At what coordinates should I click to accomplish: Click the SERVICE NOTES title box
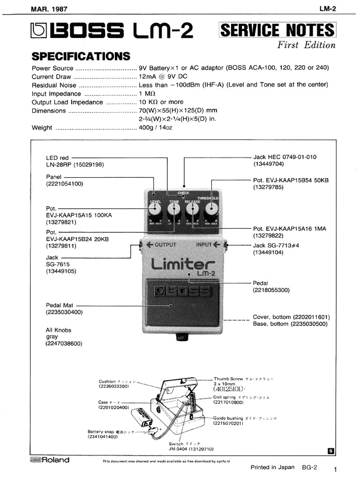point(277,31)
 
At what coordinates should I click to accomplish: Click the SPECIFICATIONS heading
point(81,57)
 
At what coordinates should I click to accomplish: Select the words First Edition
point(307,45)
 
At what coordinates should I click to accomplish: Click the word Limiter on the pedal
point(183,265)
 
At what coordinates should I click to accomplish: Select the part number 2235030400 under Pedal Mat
point(64,312)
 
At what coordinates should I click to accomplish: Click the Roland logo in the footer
point(49,460)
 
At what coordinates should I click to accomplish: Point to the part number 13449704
point(269,164)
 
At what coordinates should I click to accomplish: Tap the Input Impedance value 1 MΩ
point(146,93)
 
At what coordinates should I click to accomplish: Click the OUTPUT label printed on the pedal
point(161,245)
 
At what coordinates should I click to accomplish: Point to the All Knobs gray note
point(59,333)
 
